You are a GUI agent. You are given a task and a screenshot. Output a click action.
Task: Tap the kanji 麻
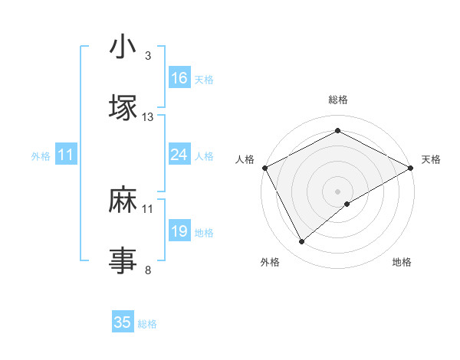tap(123, 201)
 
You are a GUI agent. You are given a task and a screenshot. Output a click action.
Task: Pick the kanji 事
tap(123, 260)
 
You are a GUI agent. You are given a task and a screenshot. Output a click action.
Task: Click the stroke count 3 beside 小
tap(147, 57)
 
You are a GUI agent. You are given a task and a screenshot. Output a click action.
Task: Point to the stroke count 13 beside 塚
tap(148, 117)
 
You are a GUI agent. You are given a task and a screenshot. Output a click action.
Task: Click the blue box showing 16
tap(179, 77)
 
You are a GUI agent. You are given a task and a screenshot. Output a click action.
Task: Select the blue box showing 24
tap(179, 155)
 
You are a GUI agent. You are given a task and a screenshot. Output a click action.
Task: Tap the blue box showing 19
tap(179, 231)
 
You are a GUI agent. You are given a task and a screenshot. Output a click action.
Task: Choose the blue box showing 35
tap(123, 322)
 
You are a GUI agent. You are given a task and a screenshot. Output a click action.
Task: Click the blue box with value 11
tap(66, 155)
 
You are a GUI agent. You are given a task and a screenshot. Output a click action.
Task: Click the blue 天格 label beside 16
tap(204, 79)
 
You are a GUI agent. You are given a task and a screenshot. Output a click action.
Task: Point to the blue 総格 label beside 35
tap(147, 324)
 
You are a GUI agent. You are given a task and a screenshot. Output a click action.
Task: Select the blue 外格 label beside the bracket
tap(41, 156)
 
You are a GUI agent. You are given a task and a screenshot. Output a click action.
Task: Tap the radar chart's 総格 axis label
tap(338, 100)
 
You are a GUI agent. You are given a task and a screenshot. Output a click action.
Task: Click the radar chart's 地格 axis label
tap(402, 263)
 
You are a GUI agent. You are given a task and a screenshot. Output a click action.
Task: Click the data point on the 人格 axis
tap(264, 167)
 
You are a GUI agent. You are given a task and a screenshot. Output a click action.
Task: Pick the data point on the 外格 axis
tap(302, 242)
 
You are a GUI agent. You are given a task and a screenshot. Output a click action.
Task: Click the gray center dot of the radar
tap(338, 191)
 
